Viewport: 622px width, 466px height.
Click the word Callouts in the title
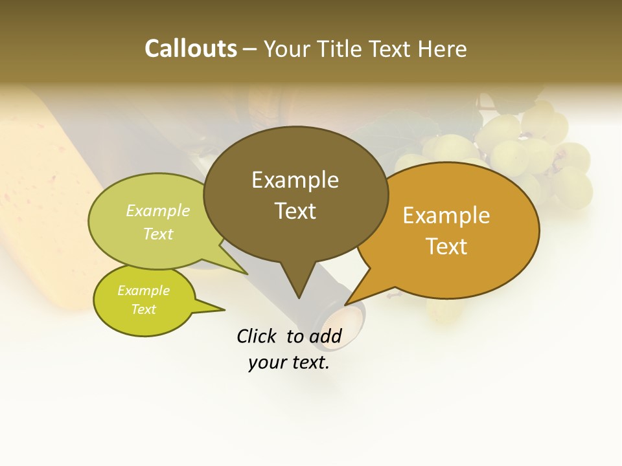pos(190,49)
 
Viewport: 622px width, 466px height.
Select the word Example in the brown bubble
pos(295,180)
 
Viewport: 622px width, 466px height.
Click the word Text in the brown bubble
pos(295,211)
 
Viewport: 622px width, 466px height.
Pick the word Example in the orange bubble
pos(446,216)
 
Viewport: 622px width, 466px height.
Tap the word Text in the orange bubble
pos(446,247)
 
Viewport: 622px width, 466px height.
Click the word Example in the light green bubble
pos(158,211)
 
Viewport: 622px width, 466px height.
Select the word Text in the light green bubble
pos(158,234)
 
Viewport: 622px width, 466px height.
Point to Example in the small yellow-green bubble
pos(143,291)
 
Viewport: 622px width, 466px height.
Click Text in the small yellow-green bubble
pos(143,309)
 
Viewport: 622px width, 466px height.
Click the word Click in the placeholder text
pos(257,336)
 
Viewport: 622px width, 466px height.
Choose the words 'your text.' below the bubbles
pos(288,362)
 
